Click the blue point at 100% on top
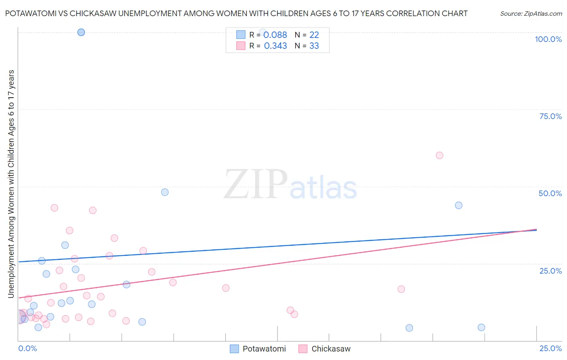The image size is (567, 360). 81,32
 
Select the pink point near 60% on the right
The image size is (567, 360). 440,155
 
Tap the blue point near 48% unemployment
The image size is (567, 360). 165,192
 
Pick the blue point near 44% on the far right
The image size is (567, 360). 459,205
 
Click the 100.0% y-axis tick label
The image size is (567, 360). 548,39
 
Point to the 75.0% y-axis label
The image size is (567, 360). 550,116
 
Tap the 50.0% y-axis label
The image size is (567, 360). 550,193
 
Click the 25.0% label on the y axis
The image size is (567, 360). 550,270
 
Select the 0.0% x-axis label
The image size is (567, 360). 27,348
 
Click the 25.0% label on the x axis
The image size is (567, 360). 550,348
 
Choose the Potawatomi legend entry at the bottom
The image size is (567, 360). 264,349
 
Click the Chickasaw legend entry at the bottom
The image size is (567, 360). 331,349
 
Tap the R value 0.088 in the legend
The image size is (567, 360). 275,35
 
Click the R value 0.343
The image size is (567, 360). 275,46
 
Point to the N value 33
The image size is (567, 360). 314,46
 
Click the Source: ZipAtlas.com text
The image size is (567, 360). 531,14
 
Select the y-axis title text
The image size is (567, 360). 11,184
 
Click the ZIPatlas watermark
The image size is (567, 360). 290,185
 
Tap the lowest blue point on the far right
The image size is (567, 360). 481,327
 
